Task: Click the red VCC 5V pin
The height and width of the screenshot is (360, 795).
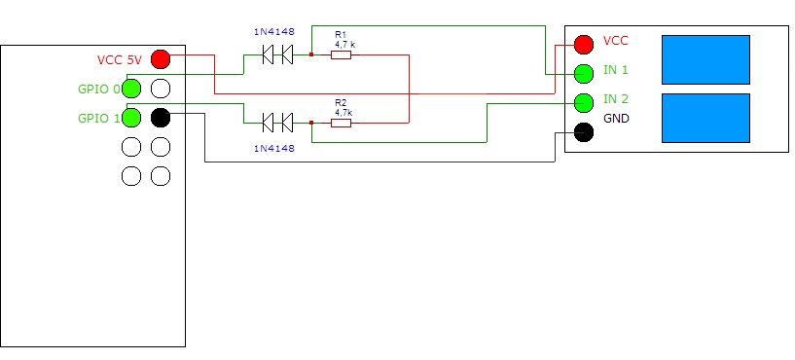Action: point(161,59)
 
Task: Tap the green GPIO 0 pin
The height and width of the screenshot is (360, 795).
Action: point(131,89)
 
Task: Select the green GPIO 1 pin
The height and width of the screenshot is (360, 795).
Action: point(131,118)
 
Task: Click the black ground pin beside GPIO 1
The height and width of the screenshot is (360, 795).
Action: point(161,118)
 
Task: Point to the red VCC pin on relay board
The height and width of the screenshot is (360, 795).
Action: point(584,45)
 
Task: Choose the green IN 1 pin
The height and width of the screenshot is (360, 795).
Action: point(584,74)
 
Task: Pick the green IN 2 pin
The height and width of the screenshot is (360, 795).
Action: point(584,103)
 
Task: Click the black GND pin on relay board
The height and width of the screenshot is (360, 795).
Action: point(584,132)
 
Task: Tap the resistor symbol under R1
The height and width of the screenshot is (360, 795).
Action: point(341,54)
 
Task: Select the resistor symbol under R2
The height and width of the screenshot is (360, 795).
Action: point(341,123)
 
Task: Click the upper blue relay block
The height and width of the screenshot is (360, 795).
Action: point(705,59)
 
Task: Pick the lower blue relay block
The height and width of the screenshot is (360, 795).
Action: point(705,118)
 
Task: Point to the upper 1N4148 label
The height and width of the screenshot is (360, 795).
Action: point(273,32)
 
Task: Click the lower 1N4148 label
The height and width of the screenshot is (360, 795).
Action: point(273,149)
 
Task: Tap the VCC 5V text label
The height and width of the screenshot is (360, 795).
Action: point(120,59)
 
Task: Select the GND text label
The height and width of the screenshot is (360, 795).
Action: point(616,119)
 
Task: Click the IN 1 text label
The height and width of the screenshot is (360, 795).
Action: point(616,70)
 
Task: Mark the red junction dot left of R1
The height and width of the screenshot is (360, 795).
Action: point(311,54)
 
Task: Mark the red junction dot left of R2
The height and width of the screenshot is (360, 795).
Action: point(311,123)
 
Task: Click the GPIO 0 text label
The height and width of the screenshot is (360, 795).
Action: point(99,90)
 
